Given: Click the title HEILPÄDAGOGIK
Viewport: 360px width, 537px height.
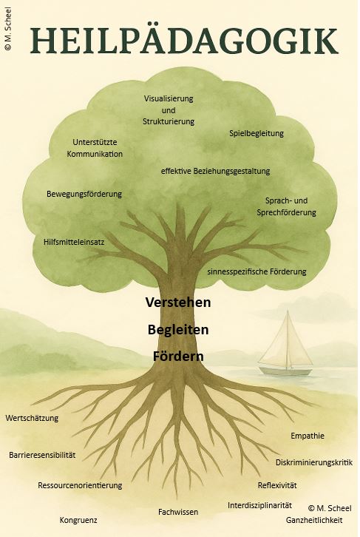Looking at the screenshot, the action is click(184, 41).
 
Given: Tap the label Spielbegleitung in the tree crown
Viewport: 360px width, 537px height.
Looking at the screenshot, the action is click(257, 133).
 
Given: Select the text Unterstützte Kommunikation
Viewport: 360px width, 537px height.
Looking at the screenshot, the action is click(95, 148).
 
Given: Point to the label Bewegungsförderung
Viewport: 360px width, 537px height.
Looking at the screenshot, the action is click(84, 195).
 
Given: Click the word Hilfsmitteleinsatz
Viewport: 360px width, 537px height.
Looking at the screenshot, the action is click(74, 242).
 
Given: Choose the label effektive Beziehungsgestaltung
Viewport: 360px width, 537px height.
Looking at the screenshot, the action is click(215, 171).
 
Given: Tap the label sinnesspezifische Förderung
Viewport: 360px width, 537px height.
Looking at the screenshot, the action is click(257, 271).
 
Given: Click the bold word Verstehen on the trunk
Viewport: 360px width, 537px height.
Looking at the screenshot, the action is click(178, 303).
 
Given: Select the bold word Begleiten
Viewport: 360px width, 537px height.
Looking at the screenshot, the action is click(178, 330).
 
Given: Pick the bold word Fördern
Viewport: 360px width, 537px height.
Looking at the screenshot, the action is click(178, 357).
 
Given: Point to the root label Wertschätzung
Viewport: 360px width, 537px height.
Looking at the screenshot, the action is click(32, 418).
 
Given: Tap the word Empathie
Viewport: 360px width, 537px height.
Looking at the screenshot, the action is click(308, 436).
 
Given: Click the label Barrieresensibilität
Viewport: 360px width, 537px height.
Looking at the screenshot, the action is click(42, 455).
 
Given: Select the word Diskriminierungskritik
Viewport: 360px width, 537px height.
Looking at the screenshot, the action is click(314, 463).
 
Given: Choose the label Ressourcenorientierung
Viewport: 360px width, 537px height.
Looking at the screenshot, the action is click(80, 486).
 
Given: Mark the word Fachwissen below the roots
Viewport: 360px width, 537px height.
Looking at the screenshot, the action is click(178, 512).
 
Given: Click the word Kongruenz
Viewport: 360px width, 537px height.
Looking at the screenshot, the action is click(78, 520).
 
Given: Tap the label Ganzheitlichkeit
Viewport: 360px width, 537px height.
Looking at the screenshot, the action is click(314, 520).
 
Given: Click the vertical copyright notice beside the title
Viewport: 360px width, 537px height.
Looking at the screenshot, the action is click(8, 29).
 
